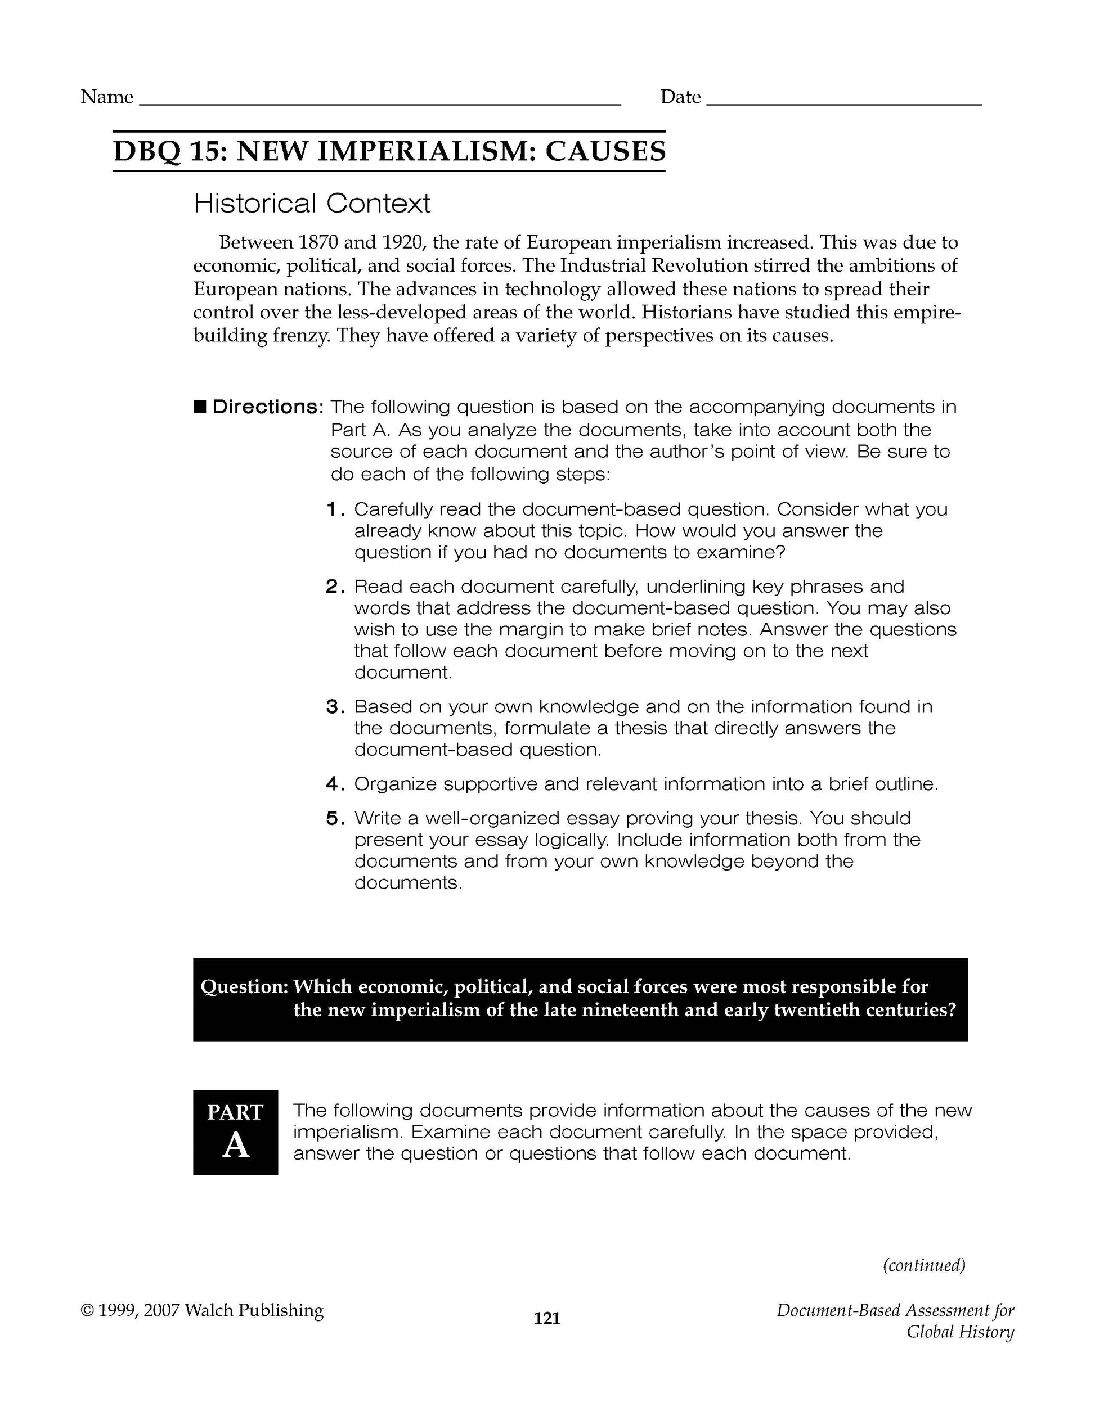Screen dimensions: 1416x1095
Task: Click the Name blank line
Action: (380, 102)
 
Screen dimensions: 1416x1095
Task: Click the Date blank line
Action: (843, 102)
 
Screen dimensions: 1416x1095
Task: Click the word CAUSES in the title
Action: (605, 152)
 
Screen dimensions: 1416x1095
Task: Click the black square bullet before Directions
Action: (199, 407)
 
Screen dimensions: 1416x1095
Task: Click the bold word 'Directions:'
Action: (268, 407)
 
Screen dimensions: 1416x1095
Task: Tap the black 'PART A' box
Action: (235, 1132)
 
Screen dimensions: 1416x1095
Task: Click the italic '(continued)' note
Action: (924, 1265)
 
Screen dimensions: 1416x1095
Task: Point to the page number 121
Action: (547, 1318)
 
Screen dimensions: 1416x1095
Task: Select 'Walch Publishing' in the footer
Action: (254, 1310)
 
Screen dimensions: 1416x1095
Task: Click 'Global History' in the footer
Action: (960, 1332)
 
